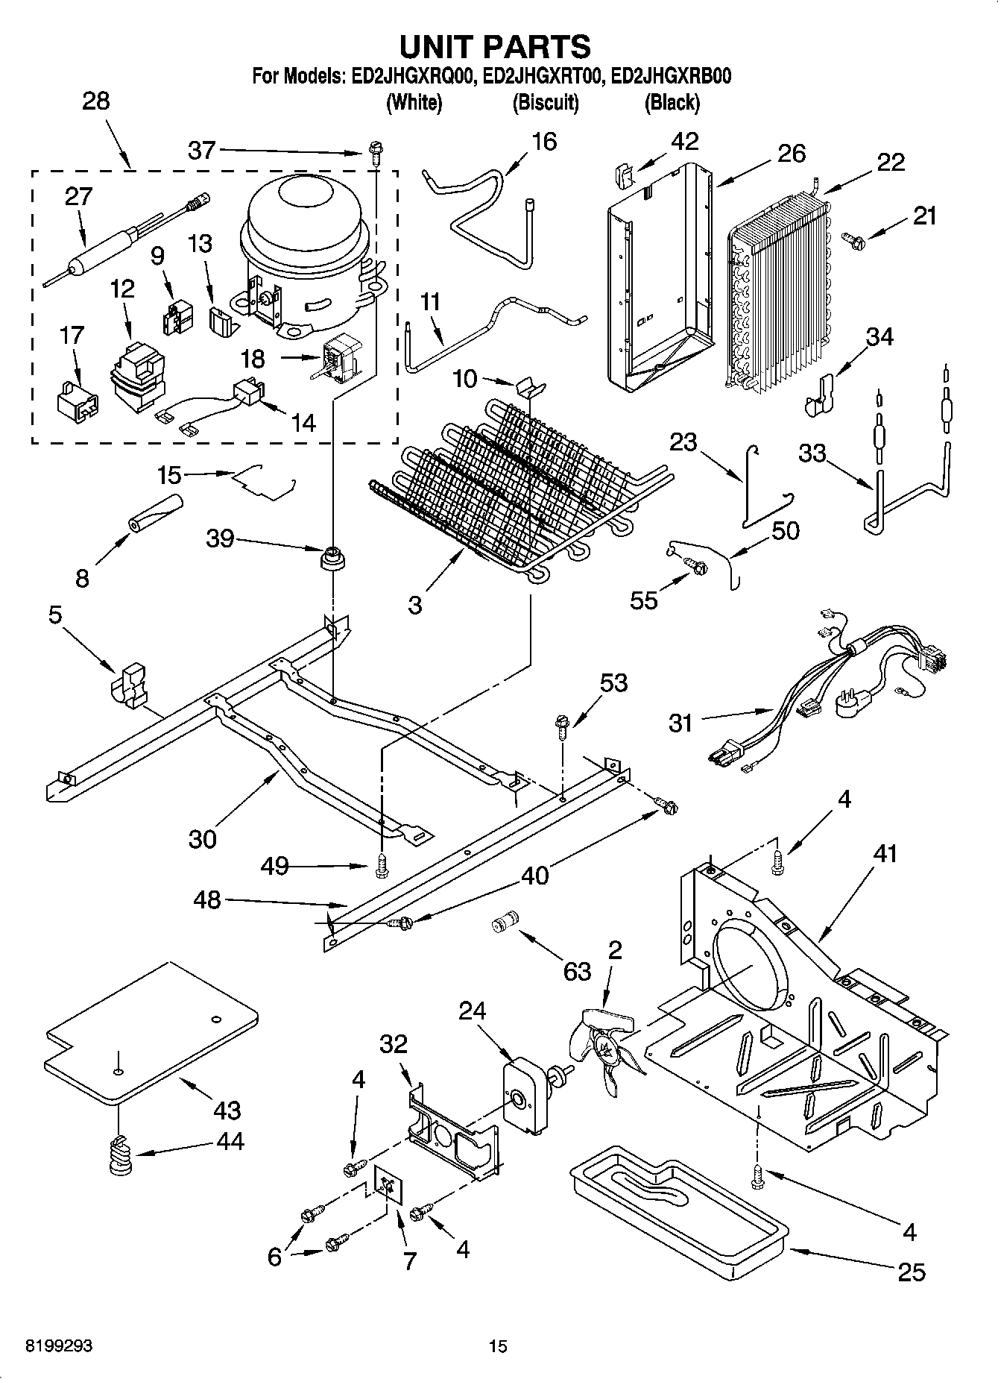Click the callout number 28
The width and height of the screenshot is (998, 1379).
95,101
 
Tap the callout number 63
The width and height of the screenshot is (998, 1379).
578,971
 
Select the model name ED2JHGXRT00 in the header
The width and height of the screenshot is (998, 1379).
547,76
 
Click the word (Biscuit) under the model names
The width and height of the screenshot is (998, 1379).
546,103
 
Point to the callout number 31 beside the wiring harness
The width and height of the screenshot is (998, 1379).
680,723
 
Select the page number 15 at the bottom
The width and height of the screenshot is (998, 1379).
498,1347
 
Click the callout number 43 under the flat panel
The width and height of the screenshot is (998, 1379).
227,1111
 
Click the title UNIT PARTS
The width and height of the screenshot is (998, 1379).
495,46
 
